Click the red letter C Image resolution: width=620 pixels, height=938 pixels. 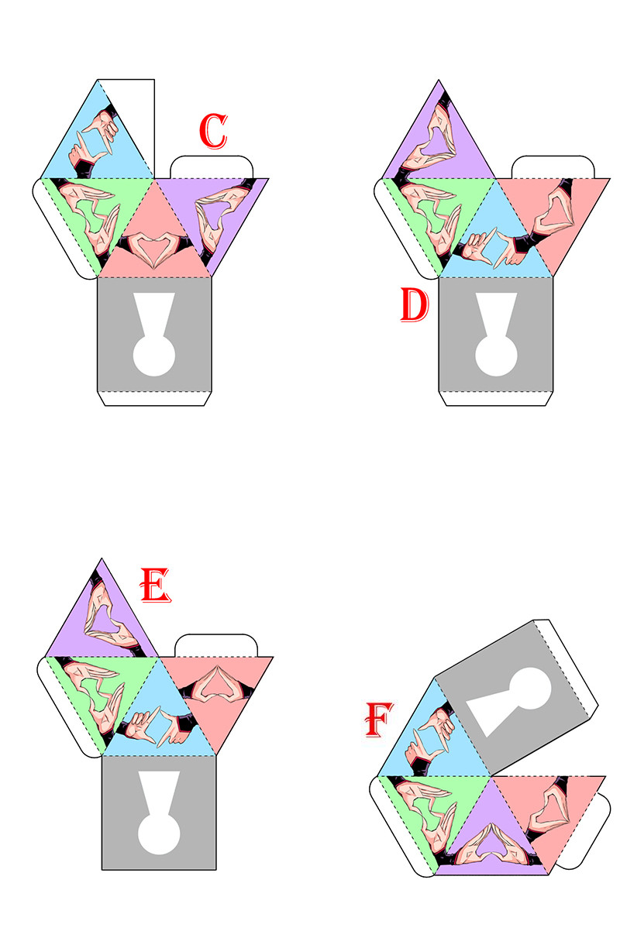[x=213, y=131]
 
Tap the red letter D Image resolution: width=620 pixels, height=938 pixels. [x=415, y=304]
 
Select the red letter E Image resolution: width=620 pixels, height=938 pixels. [x=156, y=585]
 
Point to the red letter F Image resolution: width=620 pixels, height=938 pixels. [x=379, y=720]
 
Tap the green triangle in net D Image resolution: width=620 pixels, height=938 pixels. [x=438, y=214]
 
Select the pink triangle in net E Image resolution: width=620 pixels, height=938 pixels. [x=216, y=691]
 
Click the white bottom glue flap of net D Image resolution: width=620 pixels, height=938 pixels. [x=496, y=399]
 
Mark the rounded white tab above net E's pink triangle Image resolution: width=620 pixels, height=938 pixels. [x=216, y=645]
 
